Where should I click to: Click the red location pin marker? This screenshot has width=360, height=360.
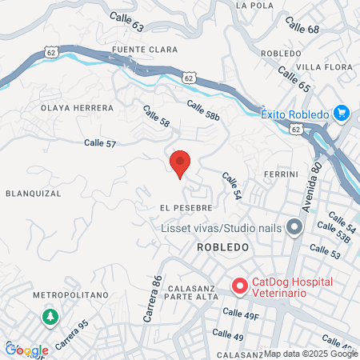[x=180, y=163]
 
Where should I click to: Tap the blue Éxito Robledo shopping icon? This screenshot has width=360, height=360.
[x=343, y=114]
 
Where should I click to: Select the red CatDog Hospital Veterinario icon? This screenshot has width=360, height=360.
[x=238, y=286]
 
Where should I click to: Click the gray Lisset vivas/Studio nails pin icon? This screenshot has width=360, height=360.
[x=294, y=229]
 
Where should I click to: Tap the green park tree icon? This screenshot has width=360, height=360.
[x=50, y=317]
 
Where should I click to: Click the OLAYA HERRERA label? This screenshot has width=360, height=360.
[x=71, y=106]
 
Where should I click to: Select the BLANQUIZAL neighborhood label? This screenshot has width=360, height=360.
[x=33, y=193]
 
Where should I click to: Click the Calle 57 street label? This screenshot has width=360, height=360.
[x=100, y=142]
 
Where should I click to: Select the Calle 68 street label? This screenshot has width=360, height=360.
[x=302, y=30]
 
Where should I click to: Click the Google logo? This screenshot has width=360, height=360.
[x=26, y=350]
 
